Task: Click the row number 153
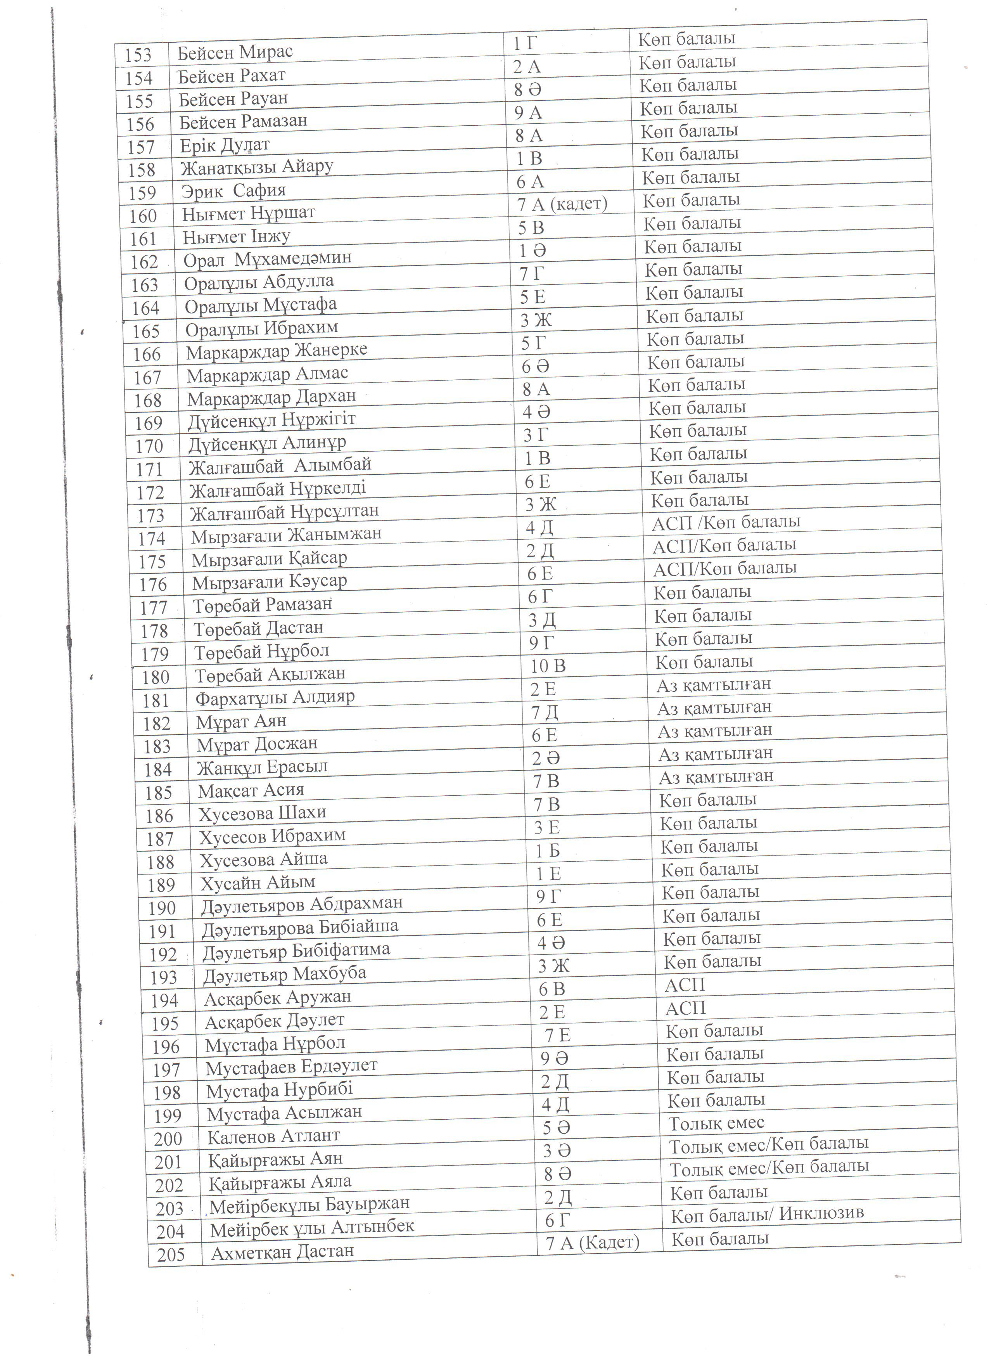click(x=138, y=55)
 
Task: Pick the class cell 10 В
click(x=548, y=665)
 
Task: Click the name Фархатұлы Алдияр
click(x=275, y=697)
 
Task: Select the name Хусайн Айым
click(x=257, y=883)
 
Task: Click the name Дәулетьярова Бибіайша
click(x=300, y=927)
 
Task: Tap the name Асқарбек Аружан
click(x=277, y=998)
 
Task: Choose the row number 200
click(x=167, y=1138)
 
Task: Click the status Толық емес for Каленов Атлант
click(x=716, y=1123)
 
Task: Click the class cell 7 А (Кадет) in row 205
click(x=592, y=1242)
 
